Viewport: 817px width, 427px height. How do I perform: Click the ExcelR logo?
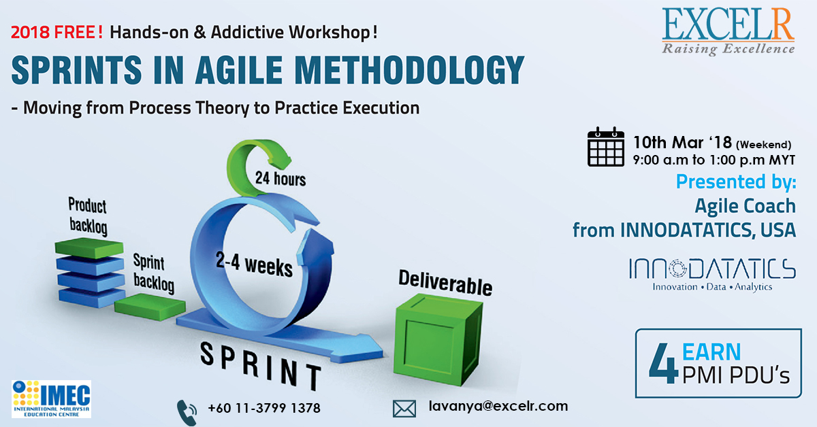pyautogui.click(x=728, y=30)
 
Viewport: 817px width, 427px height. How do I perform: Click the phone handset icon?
pyautogui.click(x=187, y=410)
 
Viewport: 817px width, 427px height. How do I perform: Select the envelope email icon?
pyautogui.click(x=404, y=408)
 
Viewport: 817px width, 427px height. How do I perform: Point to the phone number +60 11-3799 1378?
pyautogui.click(x=264, y=409)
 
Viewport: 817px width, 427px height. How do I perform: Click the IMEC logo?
pyautogui.click(x=51, y=398)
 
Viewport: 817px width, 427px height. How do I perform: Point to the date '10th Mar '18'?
pyautogui.click(x=682, y=143)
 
